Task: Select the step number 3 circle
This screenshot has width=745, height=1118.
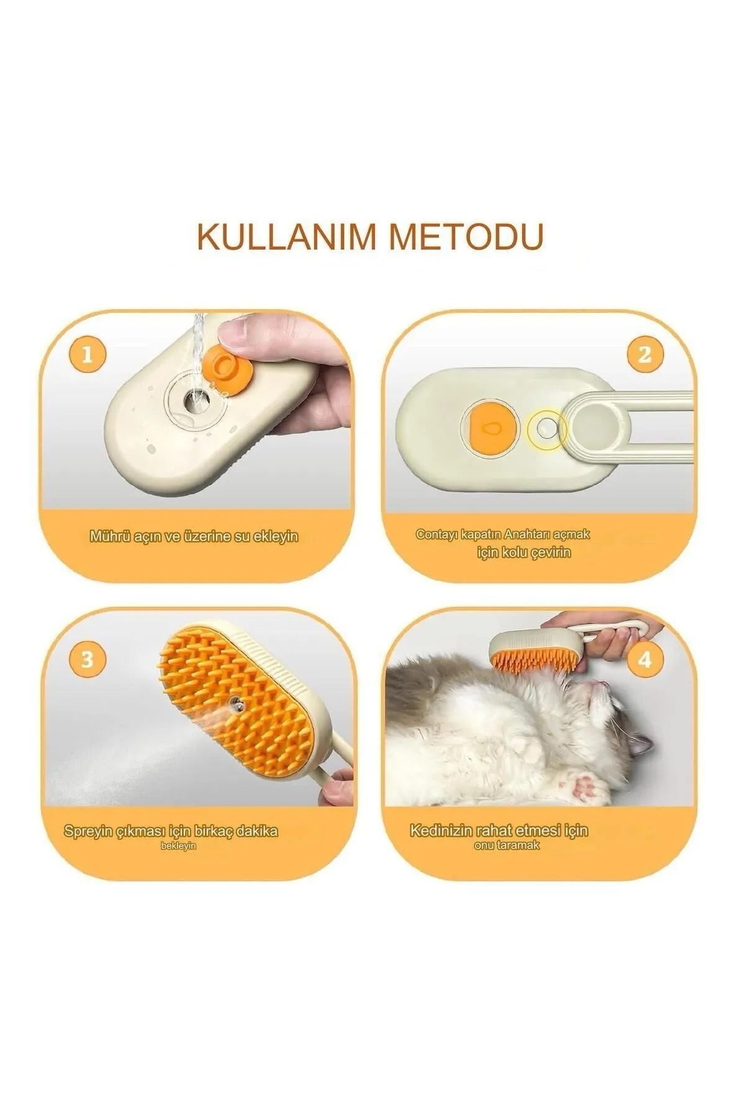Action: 87,660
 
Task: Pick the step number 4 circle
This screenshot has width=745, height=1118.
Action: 645,660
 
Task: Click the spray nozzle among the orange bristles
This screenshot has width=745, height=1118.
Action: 235,704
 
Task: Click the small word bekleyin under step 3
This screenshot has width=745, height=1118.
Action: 178,846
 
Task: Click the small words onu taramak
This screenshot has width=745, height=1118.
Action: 507,845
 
